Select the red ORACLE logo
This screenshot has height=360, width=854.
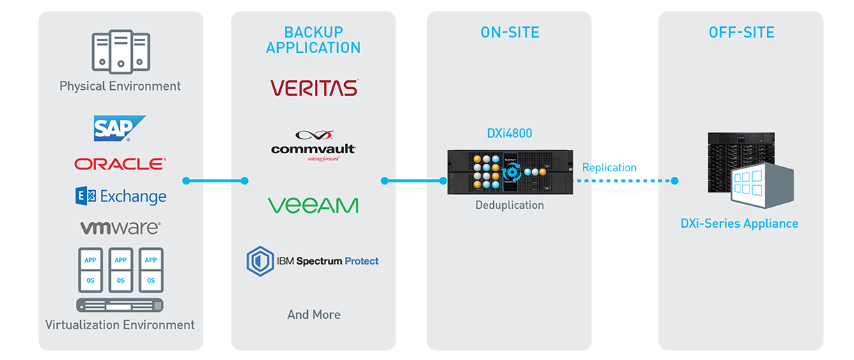120,164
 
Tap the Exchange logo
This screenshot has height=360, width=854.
121,196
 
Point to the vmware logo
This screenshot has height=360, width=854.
120,228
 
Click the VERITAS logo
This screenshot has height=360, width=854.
313,88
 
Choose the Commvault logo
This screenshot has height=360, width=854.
313,147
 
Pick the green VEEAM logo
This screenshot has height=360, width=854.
313,205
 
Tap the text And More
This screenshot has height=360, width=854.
313,315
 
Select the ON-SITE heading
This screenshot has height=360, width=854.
509,32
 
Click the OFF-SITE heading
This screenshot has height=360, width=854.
741,32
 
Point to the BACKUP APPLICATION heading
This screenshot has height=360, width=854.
313,40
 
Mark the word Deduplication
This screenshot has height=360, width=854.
509,205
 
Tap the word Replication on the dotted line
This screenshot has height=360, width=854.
609,167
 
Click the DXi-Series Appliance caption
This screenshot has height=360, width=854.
739,224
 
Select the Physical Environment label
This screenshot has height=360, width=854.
120,86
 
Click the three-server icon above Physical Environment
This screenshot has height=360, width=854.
120,51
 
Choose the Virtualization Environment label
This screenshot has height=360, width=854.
120,324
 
